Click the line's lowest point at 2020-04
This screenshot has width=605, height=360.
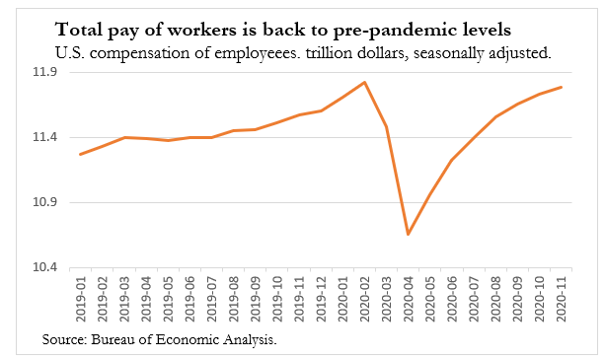click(408, 234)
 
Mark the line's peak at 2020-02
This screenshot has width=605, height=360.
click(365, 82)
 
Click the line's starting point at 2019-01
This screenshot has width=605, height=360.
click(80, 154)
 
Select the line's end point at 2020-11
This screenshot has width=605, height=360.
click(562, 87)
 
